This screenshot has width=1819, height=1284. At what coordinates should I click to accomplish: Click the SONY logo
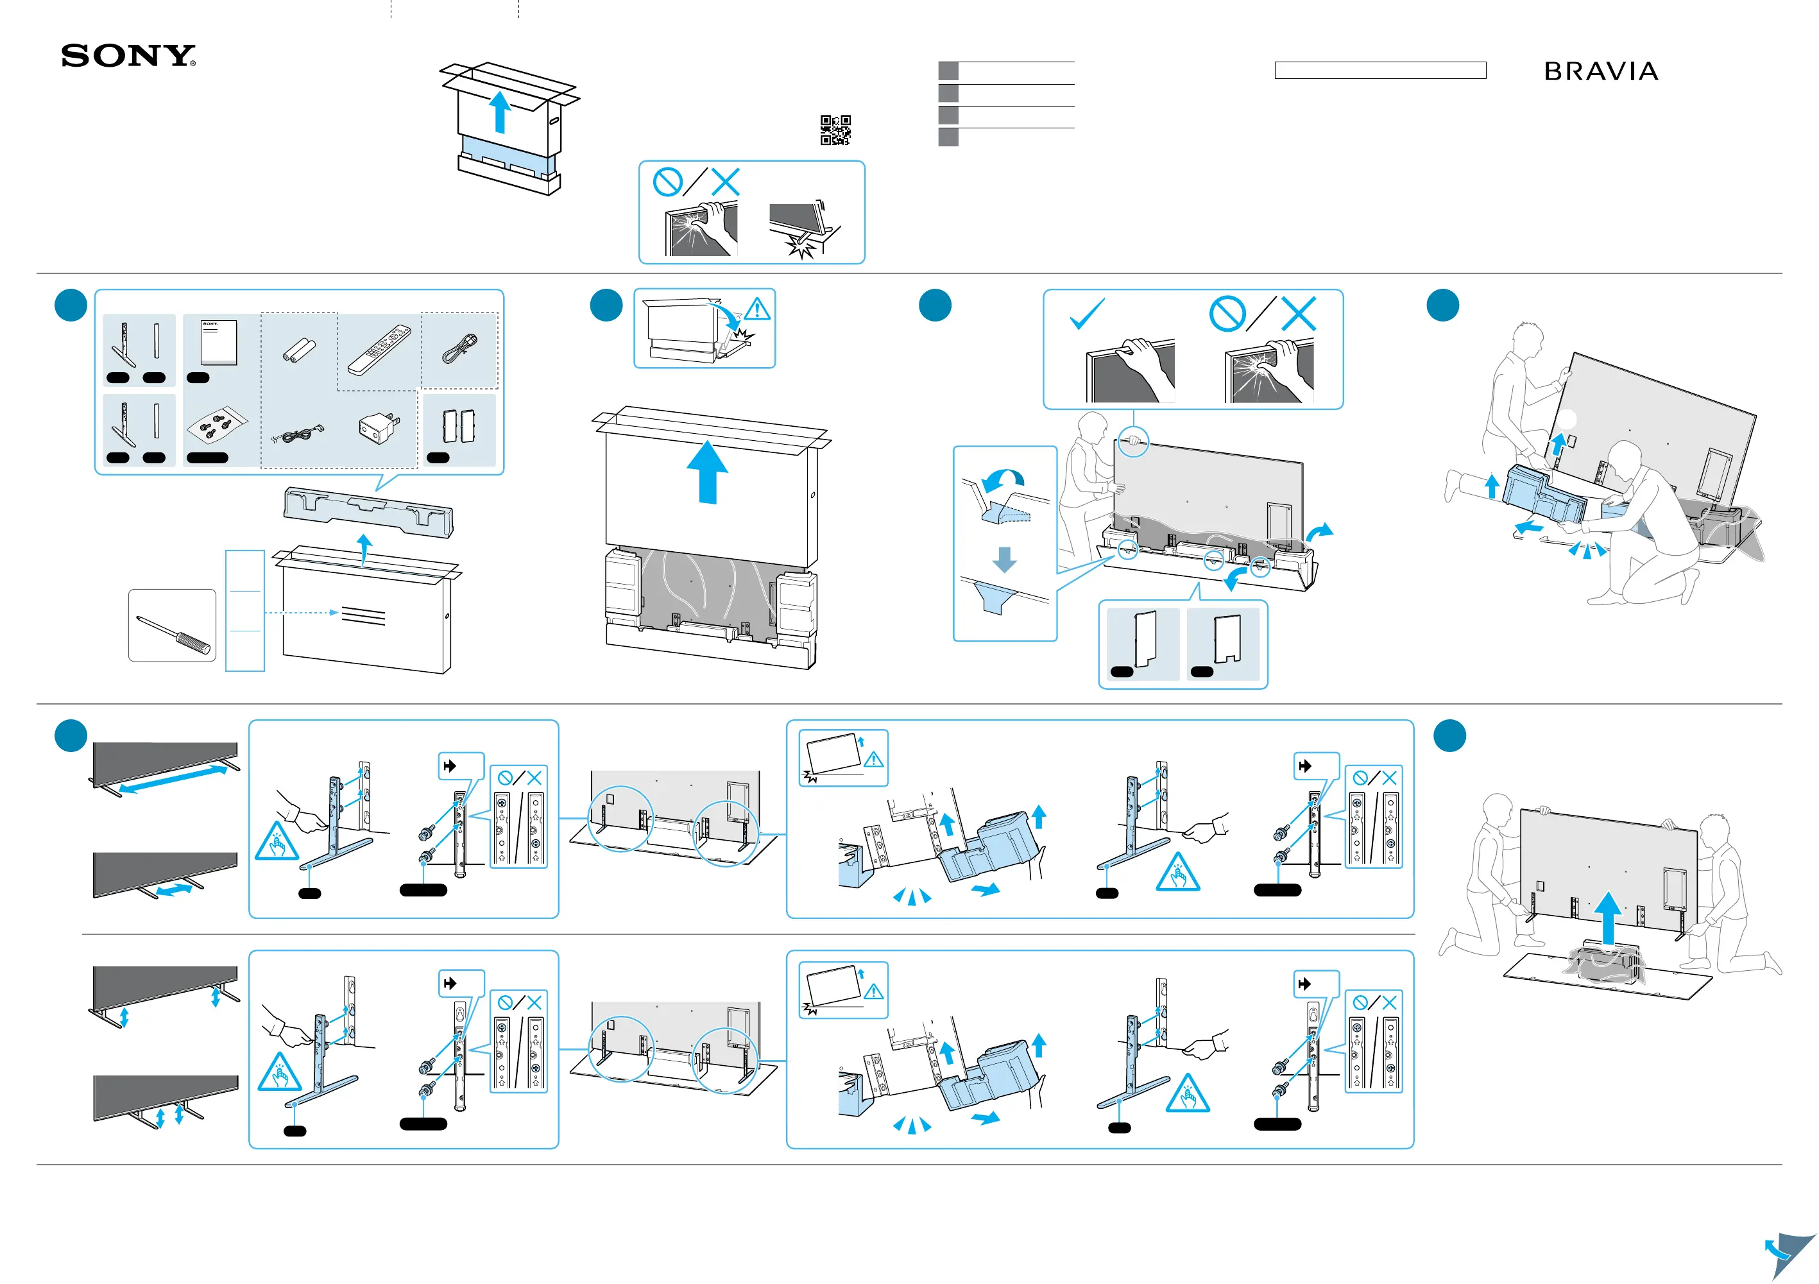(128, 56)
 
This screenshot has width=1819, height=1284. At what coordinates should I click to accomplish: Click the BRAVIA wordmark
(1601, 72)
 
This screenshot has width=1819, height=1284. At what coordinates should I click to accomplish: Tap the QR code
(835, 130)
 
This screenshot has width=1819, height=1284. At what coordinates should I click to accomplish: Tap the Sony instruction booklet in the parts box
(219, 341)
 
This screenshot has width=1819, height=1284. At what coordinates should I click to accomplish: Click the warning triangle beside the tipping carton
(756, 309)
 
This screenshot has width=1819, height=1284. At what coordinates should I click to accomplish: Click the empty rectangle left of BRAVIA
(1380, 71)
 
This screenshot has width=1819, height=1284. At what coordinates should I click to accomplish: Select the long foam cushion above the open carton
(368, 511)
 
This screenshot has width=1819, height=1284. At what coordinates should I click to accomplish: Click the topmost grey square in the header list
(948, 71)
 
